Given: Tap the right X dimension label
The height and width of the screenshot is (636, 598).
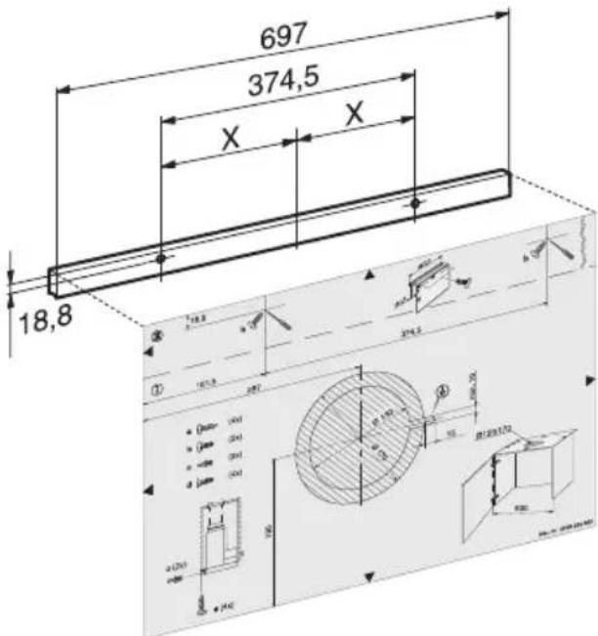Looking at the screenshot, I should click(354, 113).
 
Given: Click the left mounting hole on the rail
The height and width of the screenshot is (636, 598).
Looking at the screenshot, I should click(160, 259).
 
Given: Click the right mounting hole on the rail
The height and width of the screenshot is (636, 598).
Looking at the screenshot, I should click(415, 203).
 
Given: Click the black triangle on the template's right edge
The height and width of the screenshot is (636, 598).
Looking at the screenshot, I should click(586, 377).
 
